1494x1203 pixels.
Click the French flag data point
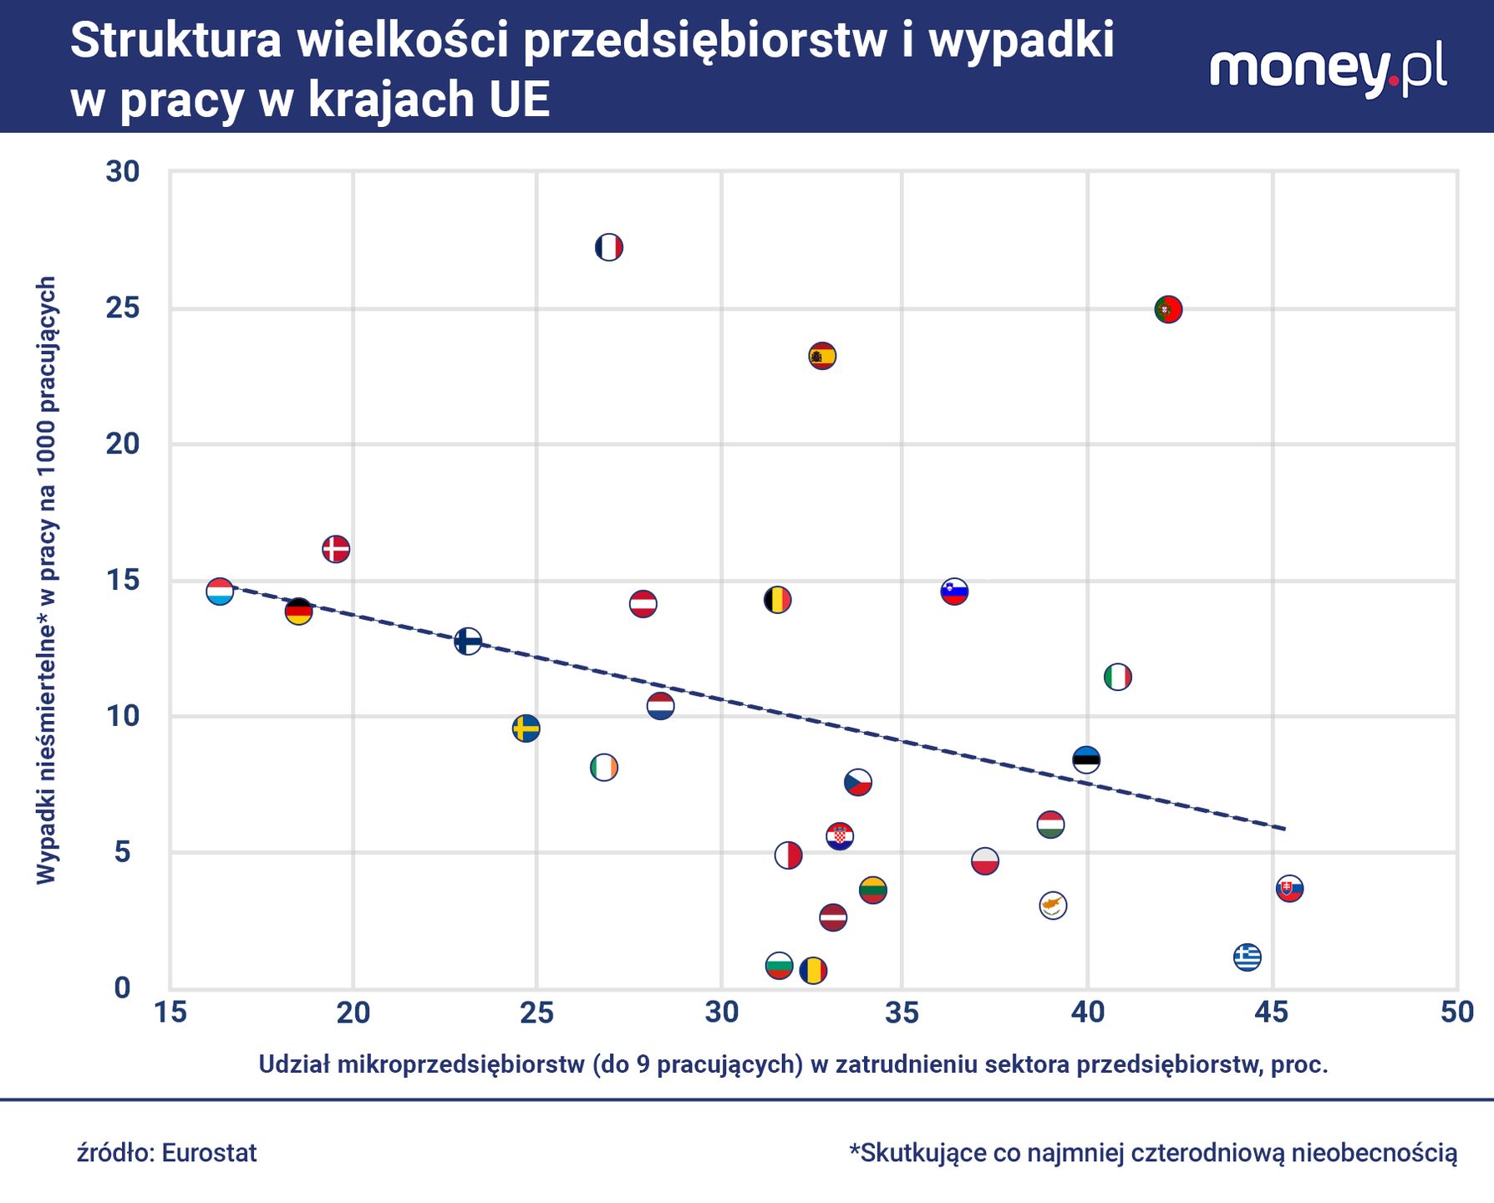pos(609,247)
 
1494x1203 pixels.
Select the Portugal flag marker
pos(1168,309)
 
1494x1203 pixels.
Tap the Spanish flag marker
pos(822,356)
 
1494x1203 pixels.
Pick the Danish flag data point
pos(335,549)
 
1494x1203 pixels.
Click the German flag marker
pos(298,612)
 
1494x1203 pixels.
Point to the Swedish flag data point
pos(526,728)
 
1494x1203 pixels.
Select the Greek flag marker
pos(1248,957)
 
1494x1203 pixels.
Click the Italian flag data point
pos(1118,677)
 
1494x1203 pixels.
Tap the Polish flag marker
pos(985,860)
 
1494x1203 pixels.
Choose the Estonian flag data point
pos(1086,759)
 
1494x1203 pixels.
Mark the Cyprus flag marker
pos(1053,906)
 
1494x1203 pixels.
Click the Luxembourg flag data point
pos(220,591)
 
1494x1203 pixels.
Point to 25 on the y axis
pos(123,308)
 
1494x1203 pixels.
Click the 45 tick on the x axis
pos(1272,1013)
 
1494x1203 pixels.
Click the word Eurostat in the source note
pos(209,1153)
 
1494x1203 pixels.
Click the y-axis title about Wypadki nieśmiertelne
pos(47,580)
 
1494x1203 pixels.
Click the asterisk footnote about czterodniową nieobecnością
pos(1153,1153)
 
